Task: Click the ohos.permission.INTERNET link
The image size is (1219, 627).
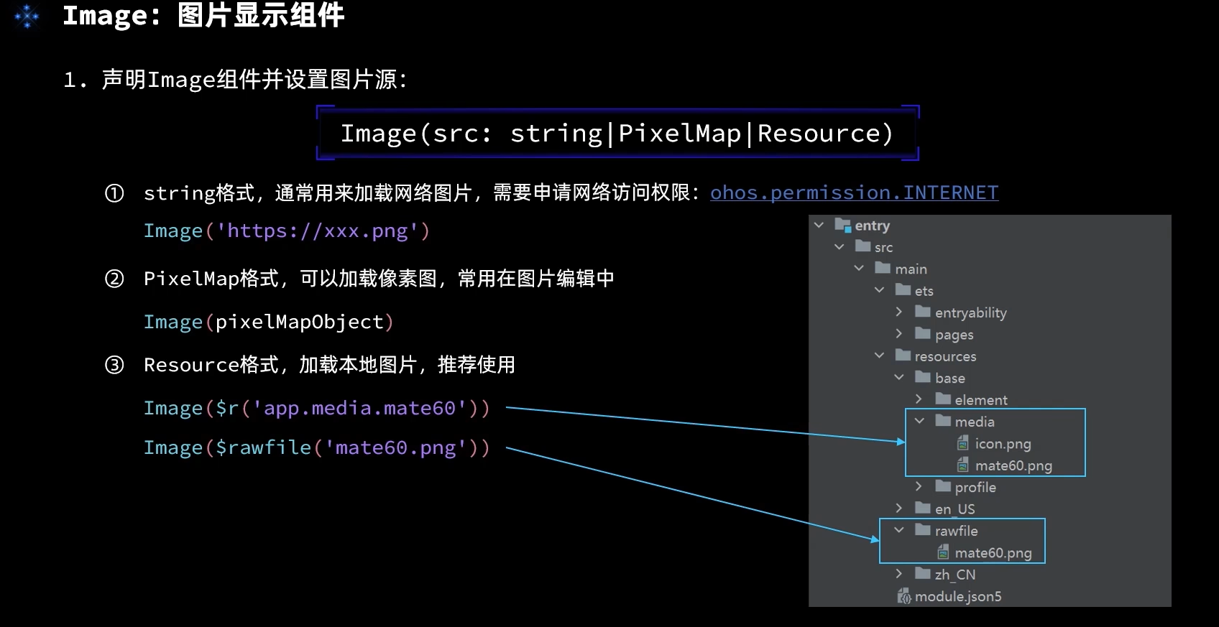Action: [854, 192]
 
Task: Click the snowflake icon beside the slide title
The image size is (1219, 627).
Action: [27, 16]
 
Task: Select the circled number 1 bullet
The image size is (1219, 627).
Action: [114, 193]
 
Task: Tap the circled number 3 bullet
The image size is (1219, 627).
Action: [114, 365]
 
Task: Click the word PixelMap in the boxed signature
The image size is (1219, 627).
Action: [679, 134]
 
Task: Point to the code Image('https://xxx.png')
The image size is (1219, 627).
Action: [286, 231]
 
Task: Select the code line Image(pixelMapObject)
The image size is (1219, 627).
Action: [268, 322]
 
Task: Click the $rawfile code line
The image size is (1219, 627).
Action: [316, 447]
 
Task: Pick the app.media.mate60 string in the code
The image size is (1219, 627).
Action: [359, 408]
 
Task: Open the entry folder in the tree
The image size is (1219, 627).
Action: [872, 226]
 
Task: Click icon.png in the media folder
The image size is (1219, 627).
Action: [1003, 444]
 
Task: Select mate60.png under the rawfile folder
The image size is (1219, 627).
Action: [993, 553]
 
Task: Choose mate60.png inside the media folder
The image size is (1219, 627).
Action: [1013, 465]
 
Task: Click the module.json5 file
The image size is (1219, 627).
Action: [957, 596]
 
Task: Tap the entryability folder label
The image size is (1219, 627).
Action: [970, 312]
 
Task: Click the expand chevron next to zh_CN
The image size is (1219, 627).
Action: [899, 574]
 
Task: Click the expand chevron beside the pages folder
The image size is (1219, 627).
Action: [899, 334]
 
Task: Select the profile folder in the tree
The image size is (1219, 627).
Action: [975, 487]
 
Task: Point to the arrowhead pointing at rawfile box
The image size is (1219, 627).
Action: [874, 539]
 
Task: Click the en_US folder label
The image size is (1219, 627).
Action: [954, 508]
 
